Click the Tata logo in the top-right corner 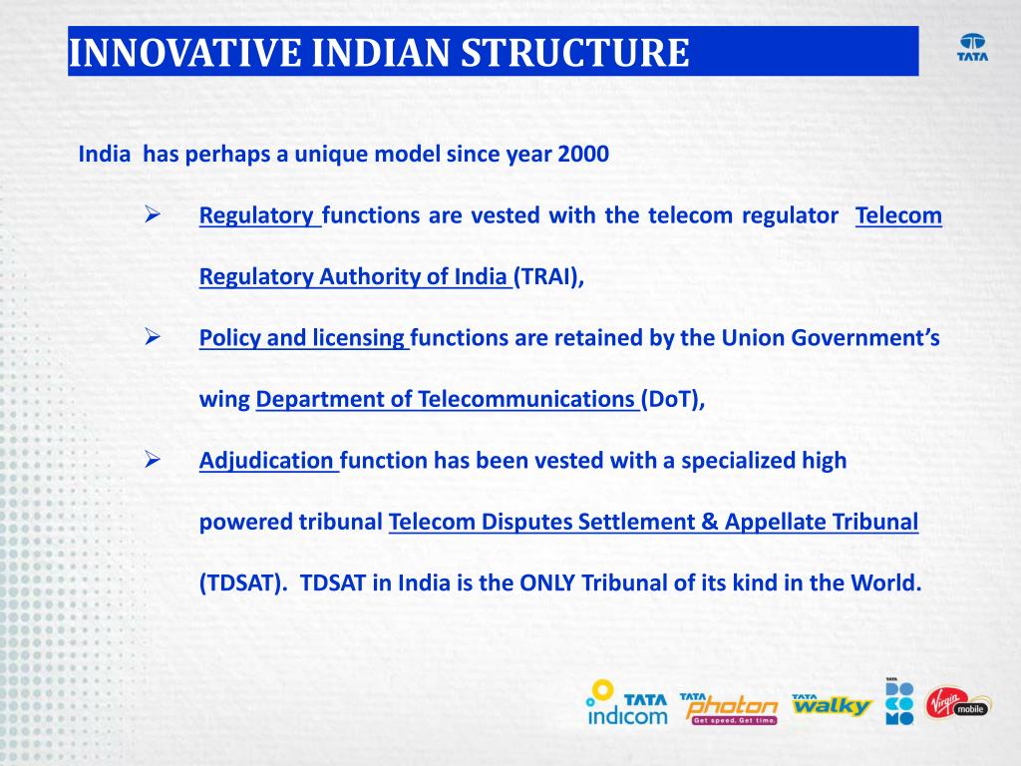(x=972, y=48)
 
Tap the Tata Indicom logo (x=627, y=703)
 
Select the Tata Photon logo (x=729, y=709)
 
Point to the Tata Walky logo (x=832, y=705)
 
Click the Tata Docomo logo (x=899, y=701)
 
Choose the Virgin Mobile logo (x=957, y=703)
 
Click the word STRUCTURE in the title (x=575, y=53)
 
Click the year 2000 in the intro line (x=583, y=155)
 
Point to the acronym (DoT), (x=673, y=399)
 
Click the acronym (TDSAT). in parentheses (x=243, y=582)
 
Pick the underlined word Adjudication (x=266, y=461)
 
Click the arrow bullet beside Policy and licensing (x=153, y=337)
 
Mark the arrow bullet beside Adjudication (x=153, y=459)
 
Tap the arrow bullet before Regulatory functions (x=153, y=213)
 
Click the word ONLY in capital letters (x=547, y=582)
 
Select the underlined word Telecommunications (x=526, y=399)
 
